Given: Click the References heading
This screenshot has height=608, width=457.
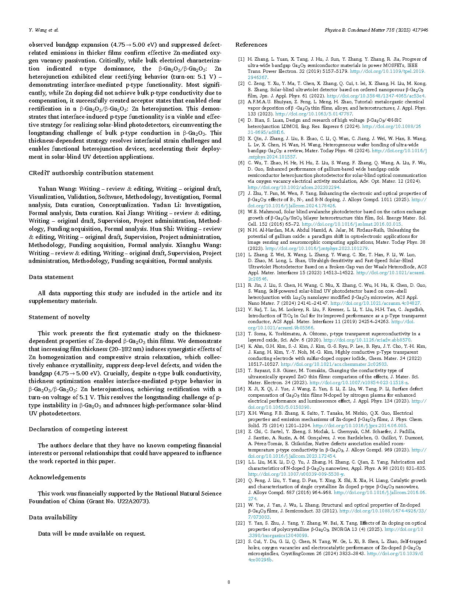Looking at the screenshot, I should point(251,45).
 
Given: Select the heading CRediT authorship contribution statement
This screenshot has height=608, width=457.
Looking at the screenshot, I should point(91,173).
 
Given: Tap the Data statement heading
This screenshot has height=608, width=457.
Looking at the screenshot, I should point(51,277).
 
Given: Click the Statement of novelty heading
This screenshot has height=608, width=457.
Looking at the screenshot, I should point(59,317).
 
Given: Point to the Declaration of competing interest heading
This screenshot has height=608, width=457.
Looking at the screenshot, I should point(78,429).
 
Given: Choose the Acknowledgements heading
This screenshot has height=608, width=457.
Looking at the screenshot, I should point(57,478).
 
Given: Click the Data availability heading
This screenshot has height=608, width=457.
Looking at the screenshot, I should point(53,518).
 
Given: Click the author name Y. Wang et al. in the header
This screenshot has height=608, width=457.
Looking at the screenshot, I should point(43,30).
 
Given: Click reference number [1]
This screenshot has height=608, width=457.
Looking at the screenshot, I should point(241,59).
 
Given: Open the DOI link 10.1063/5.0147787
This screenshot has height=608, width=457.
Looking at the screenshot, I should point(314,114).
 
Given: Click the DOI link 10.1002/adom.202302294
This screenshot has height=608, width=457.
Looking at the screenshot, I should point(293,187).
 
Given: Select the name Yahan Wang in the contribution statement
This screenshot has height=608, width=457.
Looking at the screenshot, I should point(57,189).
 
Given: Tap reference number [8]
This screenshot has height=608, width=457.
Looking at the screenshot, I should point(241,212).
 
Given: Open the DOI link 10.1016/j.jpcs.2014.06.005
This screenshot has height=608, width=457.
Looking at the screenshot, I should point(359,425).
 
